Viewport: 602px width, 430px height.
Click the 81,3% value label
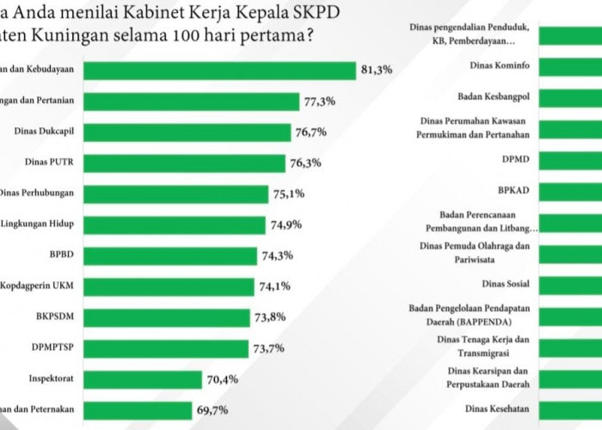coord(377,71)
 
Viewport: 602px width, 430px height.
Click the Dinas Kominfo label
coord(500,65)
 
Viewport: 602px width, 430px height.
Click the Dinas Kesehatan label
coord(496,408)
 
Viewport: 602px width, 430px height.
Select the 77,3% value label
coord(319,101)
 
